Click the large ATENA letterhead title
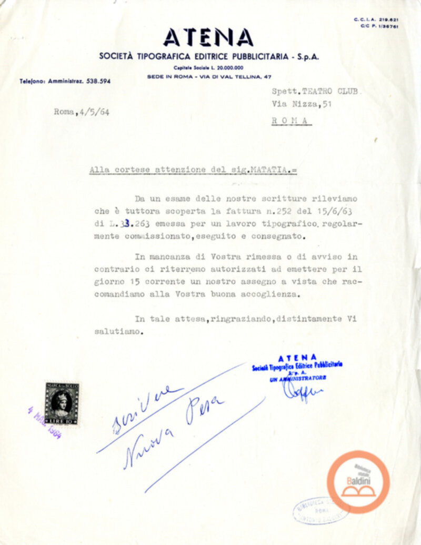coord(208,37)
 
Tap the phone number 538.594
coord(98,82)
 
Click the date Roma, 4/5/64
coord(82,112)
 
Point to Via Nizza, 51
coord(302,104)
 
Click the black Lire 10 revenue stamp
coord(62,404)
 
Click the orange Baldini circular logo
coord(358,481)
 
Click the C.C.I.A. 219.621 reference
coord(376,19)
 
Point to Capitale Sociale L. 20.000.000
coord(209,68)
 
